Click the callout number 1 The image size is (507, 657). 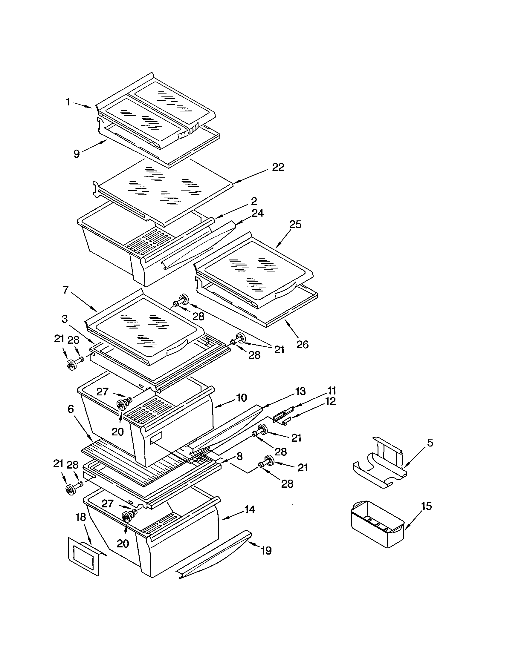point(68,102)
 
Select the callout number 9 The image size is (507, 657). point(77,154)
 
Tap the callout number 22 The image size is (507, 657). point(278,167)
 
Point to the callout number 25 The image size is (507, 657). point(295,224)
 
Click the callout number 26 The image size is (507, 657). point(302,344)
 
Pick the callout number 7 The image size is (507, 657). point(66,290)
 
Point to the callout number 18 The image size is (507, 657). point(81,517)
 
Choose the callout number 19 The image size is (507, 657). point(266,550)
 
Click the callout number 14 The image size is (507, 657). point(249,509)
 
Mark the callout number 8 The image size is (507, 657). point(239,456)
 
